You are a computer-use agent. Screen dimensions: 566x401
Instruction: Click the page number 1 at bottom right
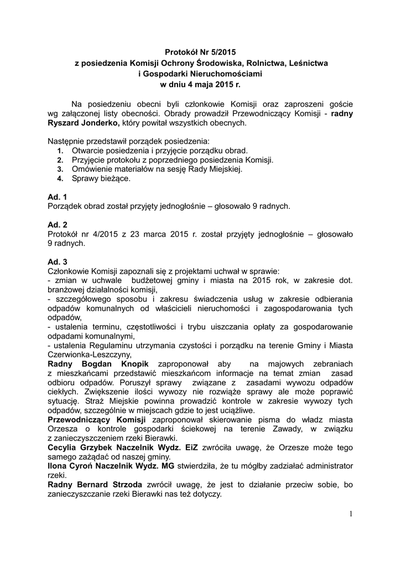click(x=351, y=514)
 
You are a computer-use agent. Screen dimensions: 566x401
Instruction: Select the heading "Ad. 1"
click(x=58, y=197)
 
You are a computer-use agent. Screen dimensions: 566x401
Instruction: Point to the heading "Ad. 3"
click(x=58, y=261)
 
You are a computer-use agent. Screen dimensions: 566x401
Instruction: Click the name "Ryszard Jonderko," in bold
click(x=84, y=123)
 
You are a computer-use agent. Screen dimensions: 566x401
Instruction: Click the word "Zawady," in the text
click(x=293, y=429)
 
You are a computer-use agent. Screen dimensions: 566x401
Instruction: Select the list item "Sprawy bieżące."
click(x=101, y=179)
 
